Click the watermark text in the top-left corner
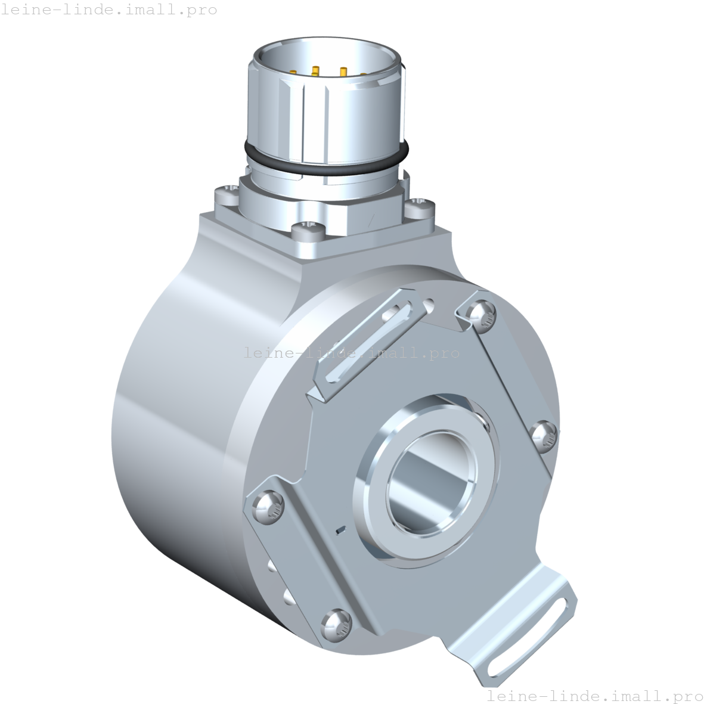coord(108,10)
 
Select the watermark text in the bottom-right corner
coord(594,696)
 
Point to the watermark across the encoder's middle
coord(352,352)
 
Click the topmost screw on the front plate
coord(481,311)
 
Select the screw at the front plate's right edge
coord(544,435)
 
